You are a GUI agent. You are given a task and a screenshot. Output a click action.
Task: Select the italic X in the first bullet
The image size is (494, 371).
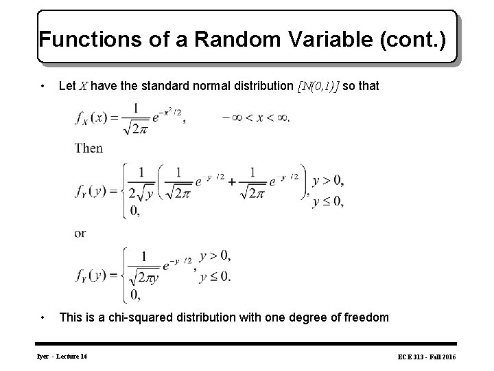pos(82,86)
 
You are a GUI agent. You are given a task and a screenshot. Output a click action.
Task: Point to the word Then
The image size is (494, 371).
pos(89,148)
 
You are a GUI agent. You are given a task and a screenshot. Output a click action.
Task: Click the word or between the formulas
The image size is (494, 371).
pos(80,233)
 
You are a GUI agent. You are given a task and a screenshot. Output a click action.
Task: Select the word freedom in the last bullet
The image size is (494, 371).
pos(365,317)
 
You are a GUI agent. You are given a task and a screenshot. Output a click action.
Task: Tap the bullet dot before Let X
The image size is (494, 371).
pos(44,86)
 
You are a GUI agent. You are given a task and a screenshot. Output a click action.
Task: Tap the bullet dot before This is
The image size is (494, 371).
pos(44,317)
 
